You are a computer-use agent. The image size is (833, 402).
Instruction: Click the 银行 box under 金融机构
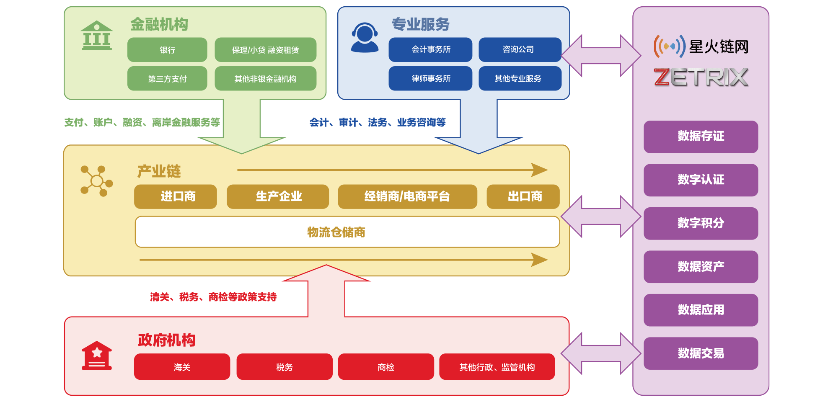click(167, 50)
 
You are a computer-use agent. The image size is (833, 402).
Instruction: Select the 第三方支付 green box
click(167, 79)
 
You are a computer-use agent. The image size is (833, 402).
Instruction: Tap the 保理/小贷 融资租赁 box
click(265, 50)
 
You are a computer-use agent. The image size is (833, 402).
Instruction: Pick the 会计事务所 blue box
click(430, 49)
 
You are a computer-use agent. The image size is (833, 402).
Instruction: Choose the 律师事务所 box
click(430, 78)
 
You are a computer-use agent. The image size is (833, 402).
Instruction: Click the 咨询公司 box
click(520, 49)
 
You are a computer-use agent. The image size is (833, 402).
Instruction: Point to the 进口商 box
click(176, 196)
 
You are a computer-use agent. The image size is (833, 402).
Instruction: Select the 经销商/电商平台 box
click(407, 196)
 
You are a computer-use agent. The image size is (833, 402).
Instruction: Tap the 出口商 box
click(523, 196)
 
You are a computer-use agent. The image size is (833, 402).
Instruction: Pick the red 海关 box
click(182, 367)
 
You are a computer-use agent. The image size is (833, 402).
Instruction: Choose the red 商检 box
click(386, 367)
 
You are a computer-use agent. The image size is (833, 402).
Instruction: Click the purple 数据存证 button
click(701, 137)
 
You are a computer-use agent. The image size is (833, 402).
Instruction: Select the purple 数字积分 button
click(701, 223)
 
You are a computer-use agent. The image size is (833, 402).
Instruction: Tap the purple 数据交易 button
click(701, 353)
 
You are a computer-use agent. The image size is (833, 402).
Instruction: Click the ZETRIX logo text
click(701, 77)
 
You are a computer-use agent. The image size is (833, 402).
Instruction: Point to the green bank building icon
click(97, 36)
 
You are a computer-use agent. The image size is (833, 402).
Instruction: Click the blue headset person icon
click(365, 38)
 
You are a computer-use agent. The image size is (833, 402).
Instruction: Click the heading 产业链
click(159, 171)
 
